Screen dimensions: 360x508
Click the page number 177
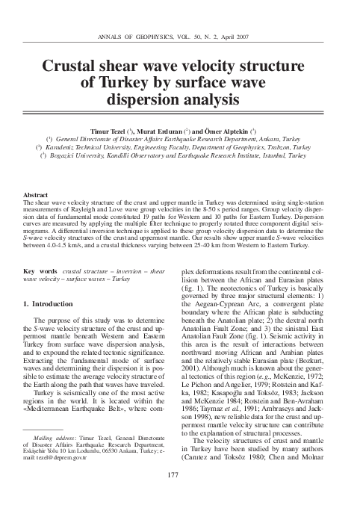[180, 476]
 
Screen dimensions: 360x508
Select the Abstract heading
[40, 194]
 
